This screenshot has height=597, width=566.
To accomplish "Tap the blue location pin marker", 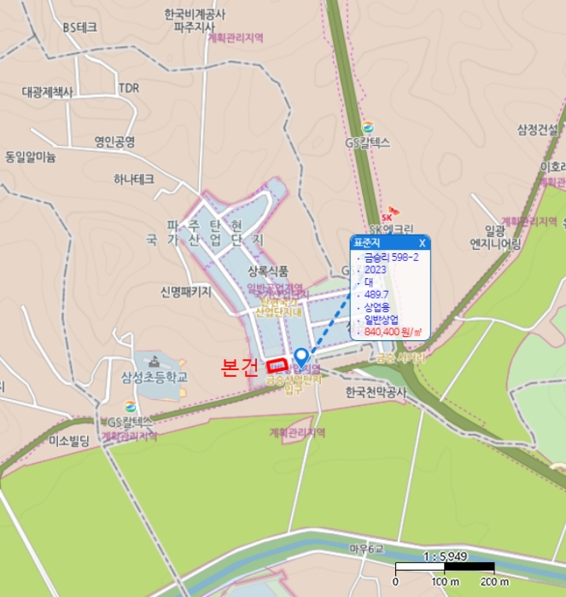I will click(x=301, y=358).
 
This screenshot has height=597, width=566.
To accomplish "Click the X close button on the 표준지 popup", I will click(x=422, y=243).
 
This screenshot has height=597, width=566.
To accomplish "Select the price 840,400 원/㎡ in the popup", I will click(x=394, y=332).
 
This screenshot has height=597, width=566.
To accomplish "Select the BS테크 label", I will click(x=80, y=26).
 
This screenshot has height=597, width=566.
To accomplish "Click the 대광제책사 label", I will click(x=48, y=91).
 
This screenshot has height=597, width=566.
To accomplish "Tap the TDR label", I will click(x=129, y=88).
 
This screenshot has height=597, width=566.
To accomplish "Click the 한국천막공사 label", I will click(x=377, y=393).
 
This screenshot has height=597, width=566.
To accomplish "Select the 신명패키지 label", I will click(x=185, y=292).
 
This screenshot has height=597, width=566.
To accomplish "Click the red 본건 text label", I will click(x=239, y=368).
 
